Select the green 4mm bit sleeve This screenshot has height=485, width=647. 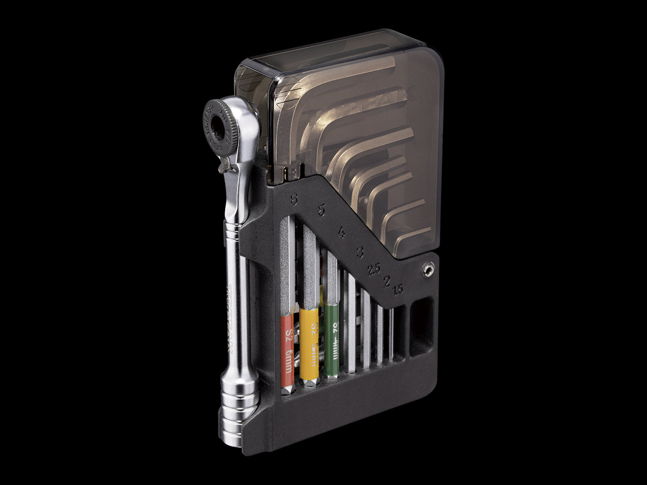pyautogui.click(x=332, y=342)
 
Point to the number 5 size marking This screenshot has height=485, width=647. pyautogui.click(x=321, y=211)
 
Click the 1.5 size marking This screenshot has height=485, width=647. pyautogui.click(x=398, y=289)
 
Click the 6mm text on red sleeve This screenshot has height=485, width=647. pyautogui.click(x=288, y=361)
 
